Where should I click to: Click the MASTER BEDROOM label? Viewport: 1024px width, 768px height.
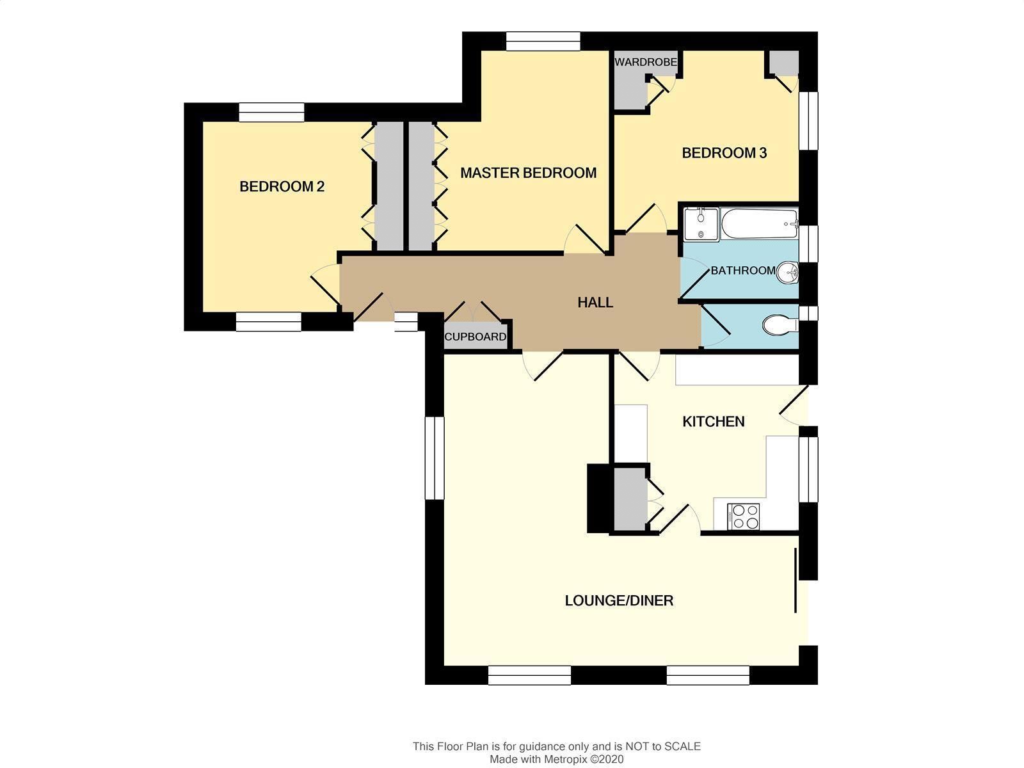click(x=528, y=173)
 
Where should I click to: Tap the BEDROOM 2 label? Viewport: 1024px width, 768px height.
click(x=282, y=186)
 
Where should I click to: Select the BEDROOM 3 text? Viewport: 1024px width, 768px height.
click(x=724, y=153)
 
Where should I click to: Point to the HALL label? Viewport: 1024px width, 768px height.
click(x=595, y=303)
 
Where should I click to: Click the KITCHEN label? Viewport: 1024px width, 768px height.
click(x=714, y=422)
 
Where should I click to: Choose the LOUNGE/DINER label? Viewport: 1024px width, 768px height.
click(x=619, y=600)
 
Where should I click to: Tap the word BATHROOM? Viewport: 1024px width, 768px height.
click(x=742, y=271)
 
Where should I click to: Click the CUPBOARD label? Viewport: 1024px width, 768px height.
click(x=475, y=337)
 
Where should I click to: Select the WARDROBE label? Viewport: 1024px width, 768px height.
click(x=646, y=62)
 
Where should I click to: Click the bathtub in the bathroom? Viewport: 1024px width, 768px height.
click(x=760, y=224)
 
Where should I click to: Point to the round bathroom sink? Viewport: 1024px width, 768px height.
click(x=787, y=273)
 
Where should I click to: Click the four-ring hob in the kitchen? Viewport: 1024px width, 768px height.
click(x=743, y=516)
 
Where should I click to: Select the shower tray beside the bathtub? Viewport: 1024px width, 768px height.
click(x=701, y=224)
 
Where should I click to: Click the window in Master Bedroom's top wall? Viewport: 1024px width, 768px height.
click(x=543, y=41)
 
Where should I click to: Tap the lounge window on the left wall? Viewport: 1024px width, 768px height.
click(x=435, y=458)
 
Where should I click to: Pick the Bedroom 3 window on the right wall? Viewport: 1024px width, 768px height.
click(x=808, y=121)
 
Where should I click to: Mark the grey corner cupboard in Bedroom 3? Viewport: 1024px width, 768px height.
click(x=784, y=63)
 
